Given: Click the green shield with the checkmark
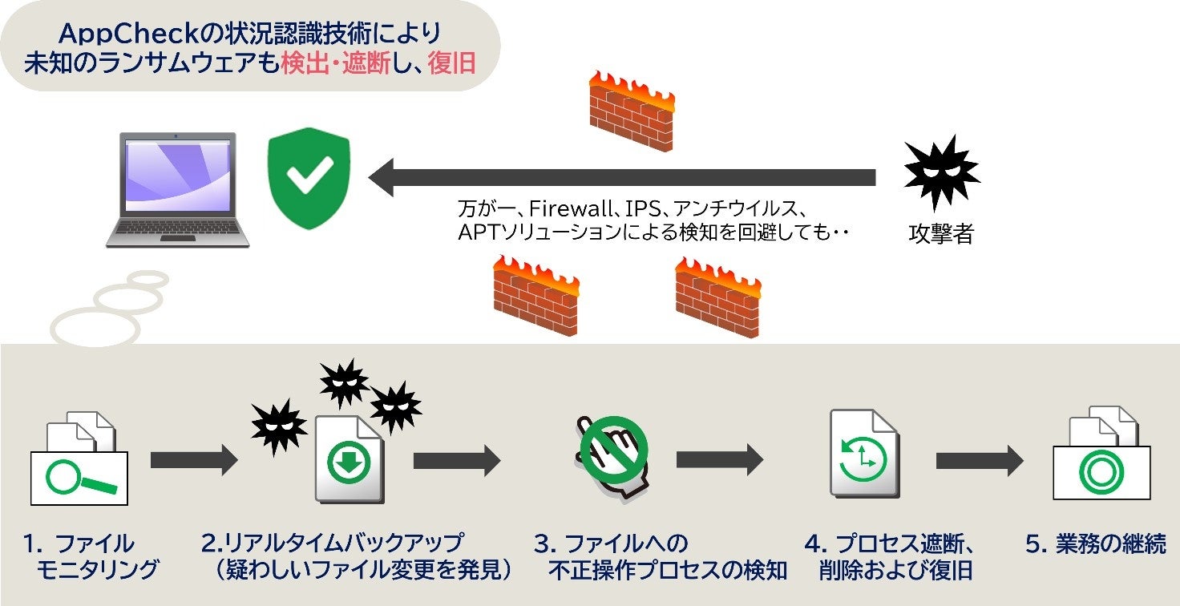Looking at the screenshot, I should click(x=309, y=176).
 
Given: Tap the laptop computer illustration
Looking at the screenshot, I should click(x=178, y=190).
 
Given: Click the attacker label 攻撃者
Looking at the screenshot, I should click(x=941, y=235).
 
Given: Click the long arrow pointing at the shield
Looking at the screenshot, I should click(x=621, y=177).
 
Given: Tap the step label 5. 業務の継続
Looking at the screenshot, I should click(x=1095, y=544).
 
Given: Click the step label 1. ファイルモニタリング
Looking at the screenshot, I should click(x=89, y=557).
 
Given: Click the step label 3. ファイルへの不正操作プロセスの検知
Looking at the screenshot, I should click(x=660, y=557).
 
